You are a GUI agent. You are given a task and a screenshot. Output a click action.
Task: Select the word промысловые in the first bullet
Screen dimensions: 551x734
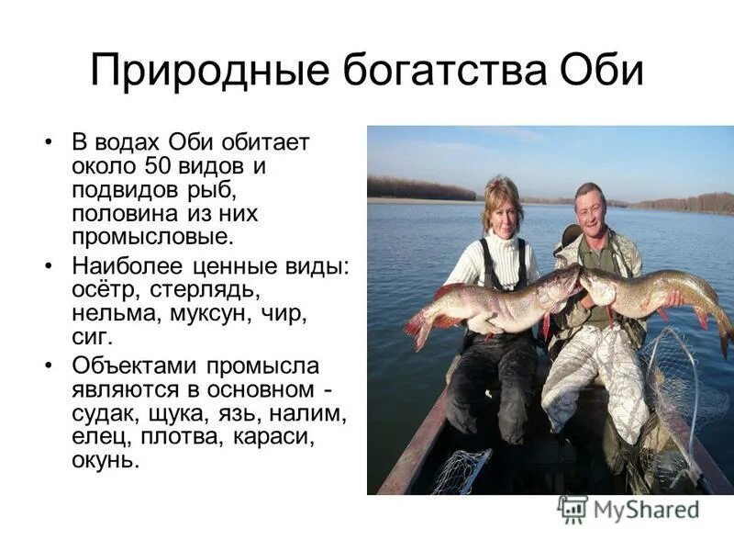152,238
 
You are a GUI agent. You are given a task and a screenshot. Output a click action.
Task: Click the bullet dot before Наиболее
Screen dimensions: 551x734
49,266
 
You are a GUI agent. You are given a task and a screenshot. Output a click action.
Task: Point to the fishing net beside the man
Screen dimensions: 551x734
674,386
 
